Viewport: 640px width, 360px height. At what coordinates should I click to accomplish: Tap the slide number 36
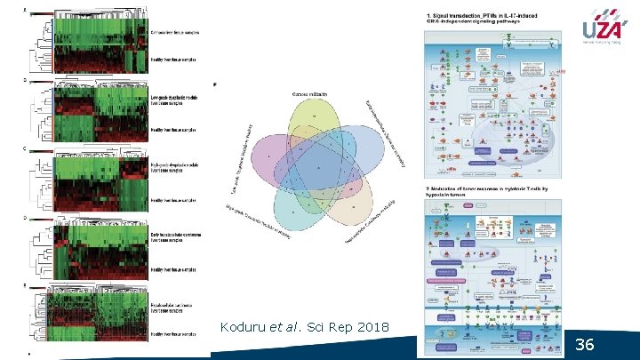pyautogui.click(x=584, y=344)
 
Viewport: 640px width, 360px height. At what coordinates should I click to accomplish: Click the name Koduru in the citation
pyautogui.click(x=245, y=329)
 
